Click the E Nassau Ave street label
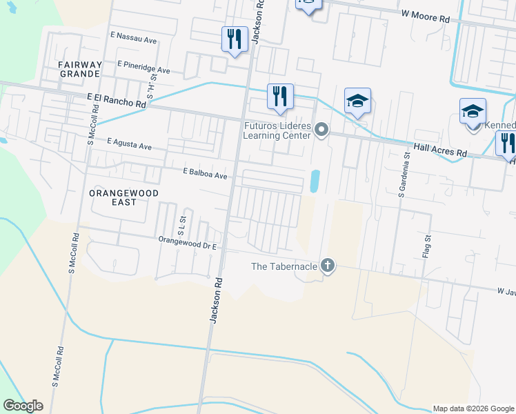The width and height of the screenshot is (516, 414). (x=133, y=37)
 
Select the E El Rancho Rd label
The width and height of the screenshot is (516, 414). (x=117, y=101)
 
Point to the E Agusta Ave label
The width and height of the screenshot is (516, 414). (x=129, y=143)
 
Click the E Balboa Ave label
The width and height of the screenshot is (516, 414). (x=205, y=175)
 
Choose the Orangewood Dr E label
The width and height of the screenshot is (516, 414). (x=188, y=243)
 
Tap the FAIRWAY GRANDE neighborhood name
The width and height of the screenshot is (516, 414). (x=81, y=69)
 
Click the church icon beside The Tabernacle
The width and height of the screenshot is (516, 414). (x=328, y=266)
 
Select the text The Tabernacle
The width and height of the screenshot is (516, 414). (x=284, y=266)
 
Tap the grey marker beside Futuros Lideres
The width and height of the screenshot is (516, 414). (x=321, y=129)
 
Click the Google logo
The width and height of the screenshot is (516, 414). (x=23, y=406)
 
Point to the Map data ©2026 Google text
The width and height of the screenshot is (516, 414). (x=473, y=408)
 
